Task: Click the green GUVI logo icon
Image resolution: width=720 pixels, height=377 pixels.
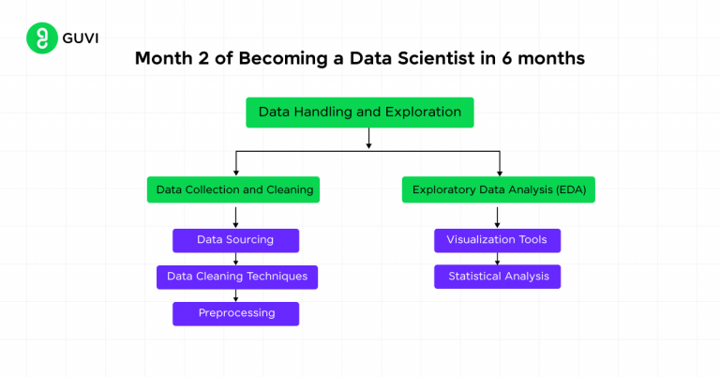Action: point(39,39)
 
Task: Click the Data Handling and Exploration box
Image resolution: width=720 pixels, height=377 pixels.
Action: point(360,113)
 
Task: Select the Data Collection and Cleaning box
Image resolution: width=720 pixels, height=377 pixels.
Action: point(234,190)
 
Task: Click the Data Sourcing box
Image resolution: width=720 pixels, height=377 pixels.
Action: point(235,240)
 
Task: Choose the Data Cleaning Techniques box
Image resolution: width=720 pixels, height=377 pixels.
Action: point(236,277)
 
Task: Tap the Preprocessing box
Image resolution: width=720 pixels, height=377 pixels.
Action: point(236,313)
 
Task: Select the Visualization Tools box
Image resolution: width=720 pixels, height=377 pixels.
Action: point(497,240)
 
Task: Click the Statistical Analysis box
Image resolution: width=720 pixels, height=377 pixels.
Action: point(497,277)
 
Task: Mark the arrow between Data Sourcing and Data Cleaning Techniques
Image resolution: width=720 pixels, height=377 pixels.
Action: point(235,259)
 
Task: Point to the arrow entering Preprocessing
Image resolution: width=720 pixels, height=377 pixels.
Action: point(235,295)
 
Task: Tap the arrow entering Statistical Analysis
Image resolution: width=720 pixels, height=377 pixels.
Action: point(497,259)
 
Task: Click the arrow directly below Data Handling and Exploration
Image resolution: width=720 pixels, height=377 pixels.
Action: point(369,139)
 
